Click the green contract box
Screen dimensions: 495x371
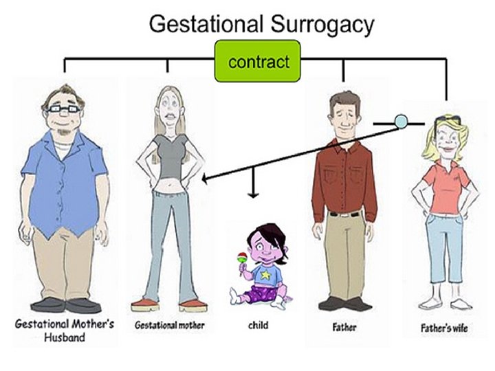[258, 62]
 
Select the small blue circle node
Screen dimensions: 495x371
[400, 122]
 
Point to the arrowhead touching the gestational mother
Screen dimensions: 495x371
[206, 179]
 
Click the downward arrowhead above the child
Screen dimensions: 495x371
[255, 193]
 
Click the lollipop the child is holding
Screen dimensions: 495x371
[242, 258]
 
